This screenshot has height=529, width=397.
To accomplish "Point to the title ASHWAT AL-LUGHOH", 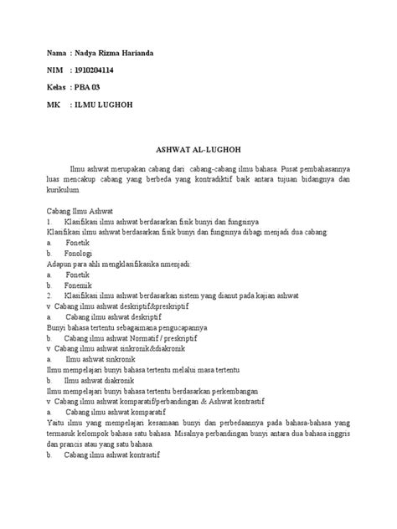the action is click(198, 145).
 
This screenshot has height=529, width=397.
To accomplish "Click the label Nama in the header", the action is click(55, 54).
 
